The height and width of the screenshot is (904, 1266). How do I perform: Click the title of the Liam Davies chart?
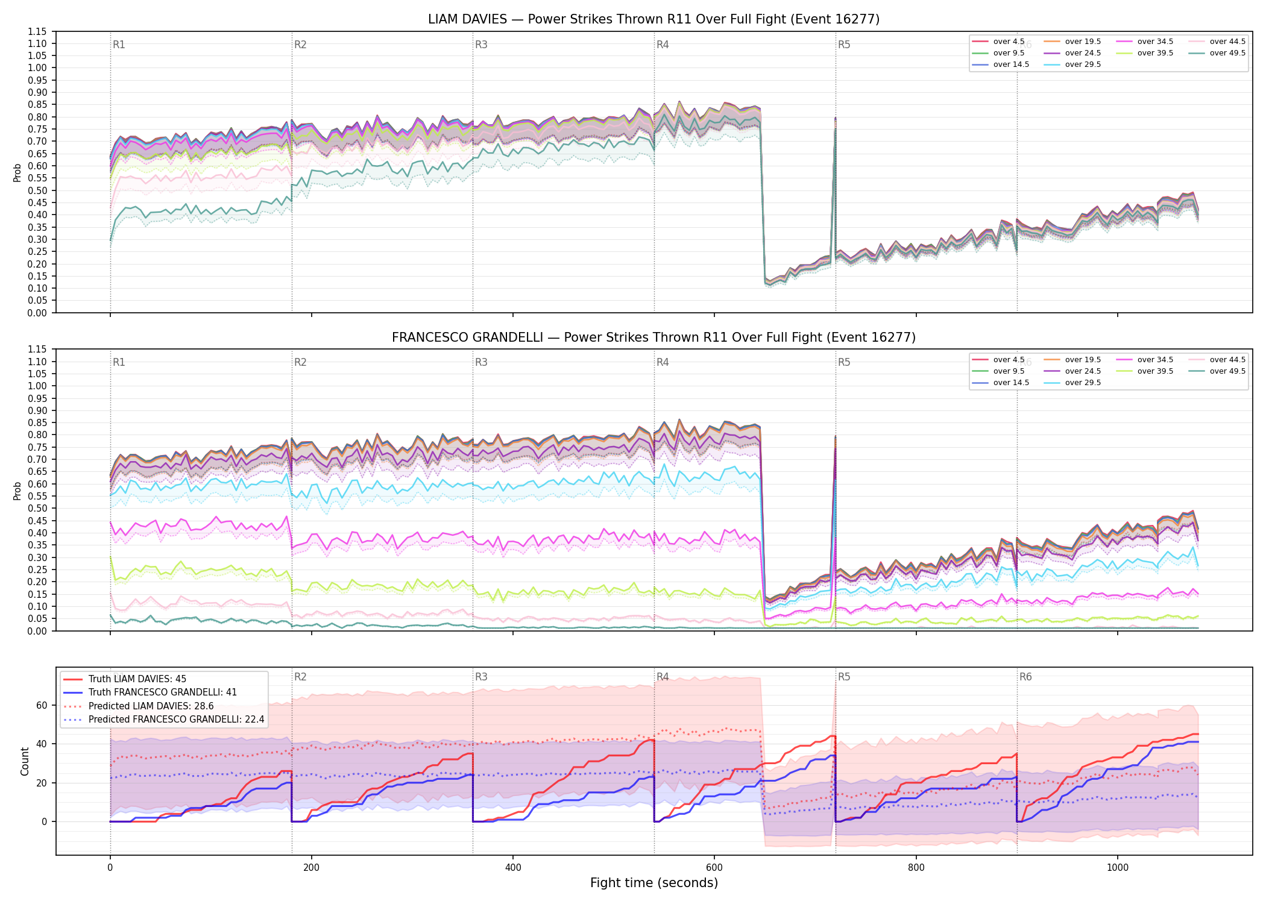pos(653,19)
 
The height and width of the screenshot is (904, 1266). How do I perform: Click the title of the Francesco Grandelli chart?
pos(653,337)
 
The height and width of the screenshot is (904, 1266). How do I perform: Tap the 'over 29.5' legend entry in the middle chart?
pos(1072,383)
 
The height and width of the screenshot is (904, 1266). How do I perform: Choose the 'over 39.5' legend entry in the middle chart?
pos(1144,371)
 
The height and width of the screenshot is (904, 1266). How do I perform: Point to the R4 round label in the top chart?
pos(663,45)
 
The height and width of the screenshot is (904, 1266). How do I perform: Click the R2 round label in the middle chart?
pos(300,362)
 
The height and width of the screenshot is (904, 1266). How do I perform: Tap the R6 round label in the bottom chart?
pos(1025,677)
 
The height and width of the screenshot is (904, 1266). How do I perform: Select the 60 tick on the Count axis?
pos(42,706)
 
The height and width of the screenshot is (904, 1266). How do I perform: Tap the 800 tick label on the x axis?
pos(916,868)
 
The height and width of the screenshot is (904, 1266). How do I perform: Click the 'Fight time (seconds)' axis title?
pos(654,883)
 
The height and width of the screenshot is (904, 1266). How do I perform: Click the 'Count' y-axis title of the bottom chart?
pos(25,761)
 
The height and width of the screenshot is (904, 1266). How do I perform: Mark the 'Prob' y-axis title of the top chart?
pos(17,173)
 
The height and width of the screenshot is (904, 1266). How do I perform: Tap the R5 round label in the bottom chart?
pos(844,677)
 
